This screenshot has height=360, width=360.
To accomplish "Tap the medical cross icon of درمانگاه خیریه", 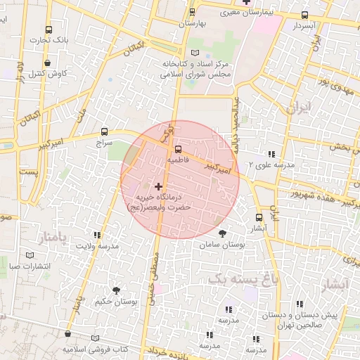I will pos(159,187).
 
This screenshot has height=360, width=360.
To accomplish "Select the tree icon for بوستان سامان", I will pos(222,234).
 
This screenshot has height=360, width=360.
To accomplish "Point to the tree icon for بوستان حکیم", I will pos(116,290).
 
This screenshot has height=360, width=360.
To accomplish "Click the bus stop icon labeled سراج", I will pos(105,131).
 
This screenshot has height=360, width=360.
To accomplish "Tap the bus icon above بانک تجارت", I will pos(49,30).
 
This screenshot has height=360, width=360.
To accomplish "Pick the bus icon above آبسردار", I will pos(304,15).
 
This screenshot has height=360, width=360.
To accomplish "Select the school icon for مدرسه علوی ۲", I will pos(270,154).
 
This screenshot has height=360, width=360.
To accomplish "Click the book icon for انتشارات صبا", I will pos(29,255).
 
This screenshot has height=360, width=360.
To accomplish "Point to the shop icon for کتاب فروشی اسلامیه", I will pos(67,336).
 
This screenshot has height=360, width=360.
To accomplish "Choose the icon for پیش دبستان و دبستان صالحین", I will pos(300,304).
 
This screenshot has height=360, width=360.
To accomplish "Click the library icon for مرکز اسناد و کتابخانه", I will pos(195,53).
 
